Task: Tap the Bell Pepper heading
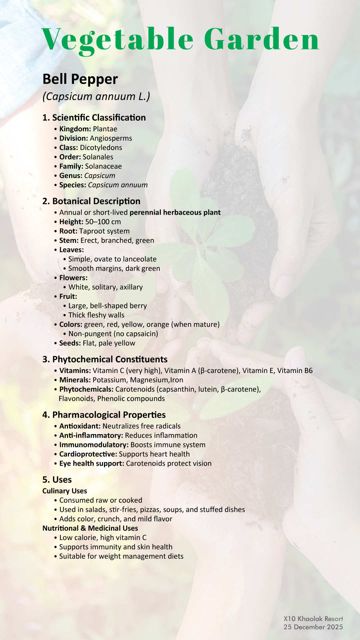[80, 79]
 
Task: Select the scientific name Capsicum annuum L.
[96, 96]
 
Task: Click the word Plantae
[105, 129]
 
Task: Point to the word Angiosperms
[111, 138]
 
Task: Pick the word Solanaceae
[103, 166]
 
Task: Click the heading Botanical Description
[91, 201]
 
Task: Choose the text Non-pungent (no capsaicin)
[113, 334]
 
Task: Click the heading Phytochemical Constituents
[105, 359]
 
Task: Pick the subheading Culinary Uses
[65, 491]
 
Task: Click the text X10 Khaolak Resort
[313, 619]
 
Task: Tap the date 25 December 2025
[313, 627]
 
